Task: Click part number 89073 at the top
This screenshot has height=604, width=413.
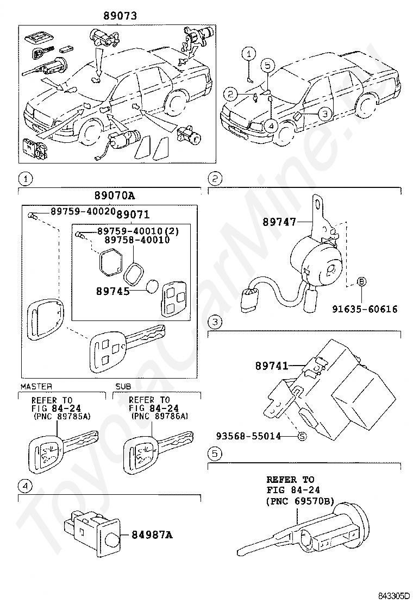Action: click(120, 15)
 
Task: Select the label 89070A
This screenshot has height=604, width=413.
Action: click(115, 196)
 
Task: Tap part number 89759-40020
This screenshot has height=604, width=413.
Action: click(83, 211)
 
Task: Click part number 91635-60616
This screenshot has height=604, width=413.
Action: click(365, 309)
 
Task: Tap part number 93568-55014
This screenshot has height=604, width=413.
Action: click(248, 436)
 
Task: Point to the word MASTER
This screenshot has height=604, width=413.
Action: click(36, 386)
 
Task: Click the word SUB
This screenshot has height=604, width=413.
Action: click(123, 386)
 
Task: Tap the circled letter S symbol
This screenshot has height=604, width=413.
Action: click(303, 437)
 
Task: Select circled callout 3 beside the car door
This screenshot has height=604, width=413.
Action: click(324, 114)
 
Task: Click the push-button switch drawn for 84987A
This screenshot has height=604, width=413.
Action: click(92, 532)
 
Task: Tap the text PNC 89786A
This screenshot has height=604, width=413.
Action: click(160, 417)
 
